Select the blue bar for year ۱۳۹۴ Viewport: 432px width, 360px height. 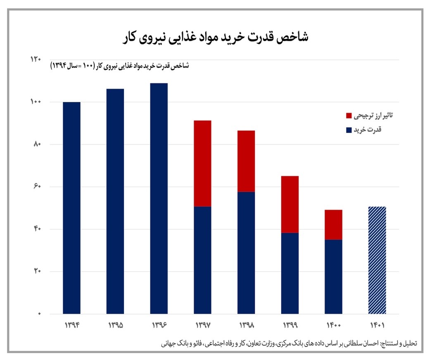[x=71, y=208]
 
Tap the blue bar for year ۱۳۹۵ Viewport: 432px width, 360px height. [x=115, y=201]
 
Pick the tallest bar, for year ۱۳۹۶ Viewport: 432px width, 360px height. [x=159, y=198]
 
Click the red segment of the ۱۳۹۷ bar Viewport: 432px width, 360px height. [x=203, y=163]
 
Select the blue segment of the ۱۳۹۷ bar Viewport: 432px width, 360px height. [x=203, y=260]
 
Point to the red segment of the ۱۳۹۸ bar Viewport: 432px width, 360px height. [x=246, y=161]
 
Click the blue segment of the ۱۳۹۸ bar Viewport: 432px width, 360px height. [x=246, y=253]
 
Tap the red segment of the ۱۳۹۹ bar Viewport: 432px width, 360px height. [x=290, y=204]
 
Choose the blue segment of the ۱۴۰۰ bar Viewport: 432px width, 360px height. [x=334, y=277]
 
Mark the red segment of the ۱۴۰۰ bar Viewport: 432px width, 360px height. [x=334, y=225]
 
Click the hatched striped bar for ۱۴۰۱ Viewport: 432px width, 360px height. [x=377, y=260]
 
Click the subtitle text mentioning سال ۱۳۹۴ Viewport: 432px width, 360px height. [x=120, y=66]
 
